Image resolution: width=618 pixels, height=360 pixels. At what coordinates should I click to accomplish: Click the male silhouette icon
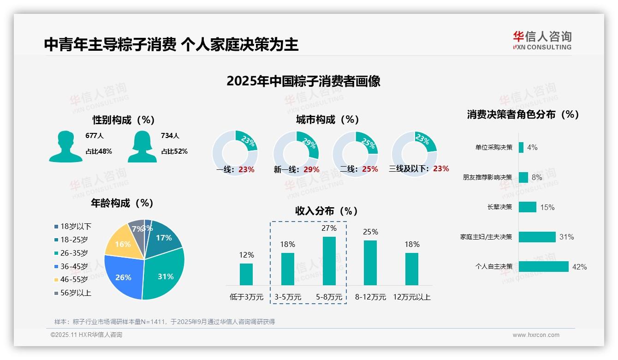click(65, 147)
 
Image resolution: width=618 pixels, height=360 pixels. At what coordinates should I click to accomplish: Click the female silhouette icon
click(142, 147)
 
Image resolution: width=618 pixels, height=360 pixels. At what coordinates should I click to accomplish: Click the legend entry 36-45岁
click(74, 266)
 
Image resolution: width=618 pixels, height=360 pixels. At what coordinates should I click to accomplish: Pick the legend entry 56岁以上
click(76, 293)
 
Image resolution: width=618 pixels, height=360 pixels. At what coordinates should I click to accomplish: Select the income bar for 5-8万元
click(329, 261)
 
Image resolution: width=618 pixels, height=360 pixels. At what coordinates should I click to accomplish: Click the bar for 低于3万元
click(246, 274)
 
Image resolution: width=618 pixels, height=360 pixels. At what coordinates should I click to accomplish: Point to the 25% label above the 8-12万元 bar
click(370, 232)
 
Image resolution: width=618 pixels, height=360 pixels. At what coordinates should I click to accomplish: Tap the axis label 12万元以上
click(412, 297)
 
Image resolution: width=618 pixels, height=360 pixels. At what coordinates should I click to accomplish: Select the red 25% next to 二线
click(370, 169)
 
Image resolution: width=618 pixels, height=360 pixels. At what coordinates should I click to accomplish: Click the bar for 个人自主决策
click(543, 266)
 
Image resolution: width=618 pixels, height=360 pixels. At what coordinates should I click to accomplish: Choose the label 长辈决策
click(499, 207)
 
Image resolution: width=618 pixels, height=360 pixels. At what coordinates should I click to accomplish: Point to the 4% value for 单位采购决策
click(532, 147)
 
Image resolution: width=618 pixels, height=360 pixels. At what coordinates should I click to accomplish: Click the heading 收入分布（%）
click(327, 211)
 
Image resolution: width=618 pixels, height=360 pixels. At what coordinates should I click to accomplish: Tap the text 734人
click(170, 136)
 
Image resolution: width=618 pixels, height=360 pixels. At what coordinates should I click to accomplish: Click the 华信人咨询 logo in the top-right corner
click(542, 40)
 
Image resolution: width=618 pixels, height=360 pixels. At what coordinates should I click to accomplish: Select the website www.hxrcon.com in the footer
click(536, 335)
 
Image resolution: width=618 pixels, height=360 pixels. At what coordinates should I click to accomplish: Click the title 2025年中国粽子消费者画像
click(303, 81)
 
